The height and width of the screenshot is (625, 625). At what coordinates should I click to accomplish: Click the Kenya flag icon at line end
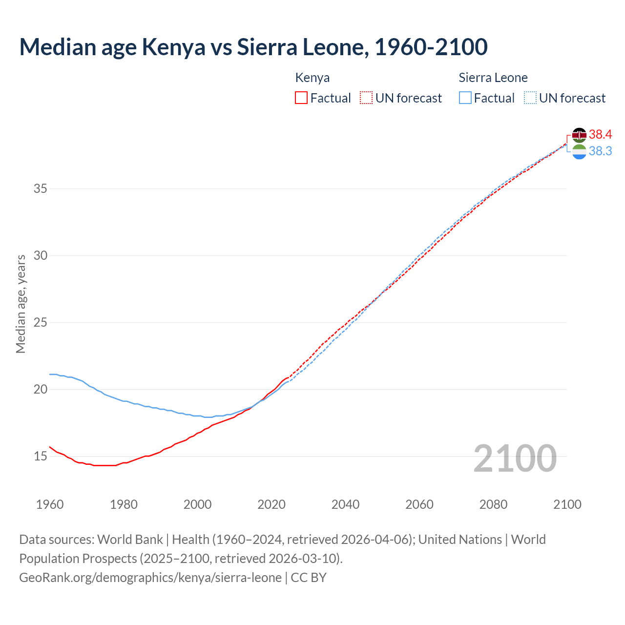pos(579,135)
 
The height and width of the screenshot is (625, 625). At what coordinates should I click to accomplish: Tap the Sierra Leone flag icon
pos(579,152)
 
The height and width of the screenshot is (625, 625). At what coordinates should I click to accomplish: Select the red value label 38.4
pos(601,135)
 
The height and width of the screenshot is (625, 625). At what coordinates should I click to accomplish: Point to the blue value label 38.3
pos(601,151)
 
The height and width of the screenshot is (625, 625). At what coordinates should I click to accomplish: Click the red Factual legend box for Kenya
pos(301,98)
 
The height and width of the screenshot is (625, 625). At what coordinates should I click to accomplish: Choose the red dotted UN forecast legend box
pos(366,98)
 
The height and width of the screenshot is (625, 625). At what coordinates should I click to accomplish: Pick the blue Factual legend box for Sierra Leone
pos(465,98)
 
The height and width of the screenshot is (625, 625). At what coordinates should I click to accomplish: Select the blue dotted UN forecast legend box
pos(530,98)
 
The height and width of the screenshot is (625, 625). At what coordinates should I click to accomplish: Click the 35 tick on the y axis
pos(41,188)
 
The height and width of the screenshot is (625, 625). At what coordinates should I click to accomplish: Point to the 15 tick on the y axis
pos(41,457)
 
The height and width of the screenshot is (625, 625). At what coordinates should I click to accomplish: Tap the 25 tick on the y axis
pos(41,323)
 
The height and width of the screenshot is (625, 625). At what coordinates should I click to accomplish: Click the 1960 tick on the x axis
pos(50,504)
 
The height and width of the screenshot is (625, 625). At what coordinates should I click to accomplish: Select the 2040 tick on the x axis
pos(346,504)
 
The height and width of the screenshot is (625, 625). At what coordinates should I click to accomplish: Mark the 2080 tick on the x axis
pos(493,504)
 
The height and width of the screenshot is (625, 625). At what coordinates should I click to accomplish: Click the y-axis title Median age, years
pos(21,304)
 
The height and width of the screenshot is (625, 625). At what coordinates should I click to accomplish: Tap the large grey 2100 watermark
pos(515,458)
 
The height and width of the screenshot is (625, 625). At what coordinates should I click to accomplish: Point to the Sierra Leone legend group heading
pos(493,78)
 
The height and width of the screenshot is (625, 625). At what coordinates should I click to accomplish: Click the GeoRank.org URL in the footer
pos(150,578)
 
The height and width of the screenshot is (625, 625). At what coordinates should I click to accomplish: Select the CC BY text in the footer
pos(309,578)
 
